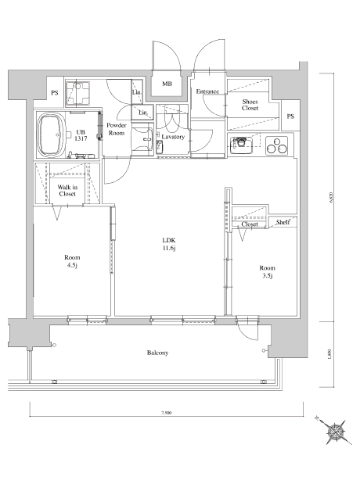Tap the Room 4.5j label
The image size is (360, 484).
72,261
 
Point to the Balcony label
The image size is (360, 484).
157,353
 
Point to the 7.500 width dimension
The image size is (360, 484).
167,412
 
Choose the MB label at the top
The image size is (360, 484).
167,84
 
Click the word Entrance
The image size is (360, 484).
207,91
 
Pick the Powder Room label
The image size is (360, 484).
117,129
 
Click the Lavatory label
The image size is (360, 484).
173,137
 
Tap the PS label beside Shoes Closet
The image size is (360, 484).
290,117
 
